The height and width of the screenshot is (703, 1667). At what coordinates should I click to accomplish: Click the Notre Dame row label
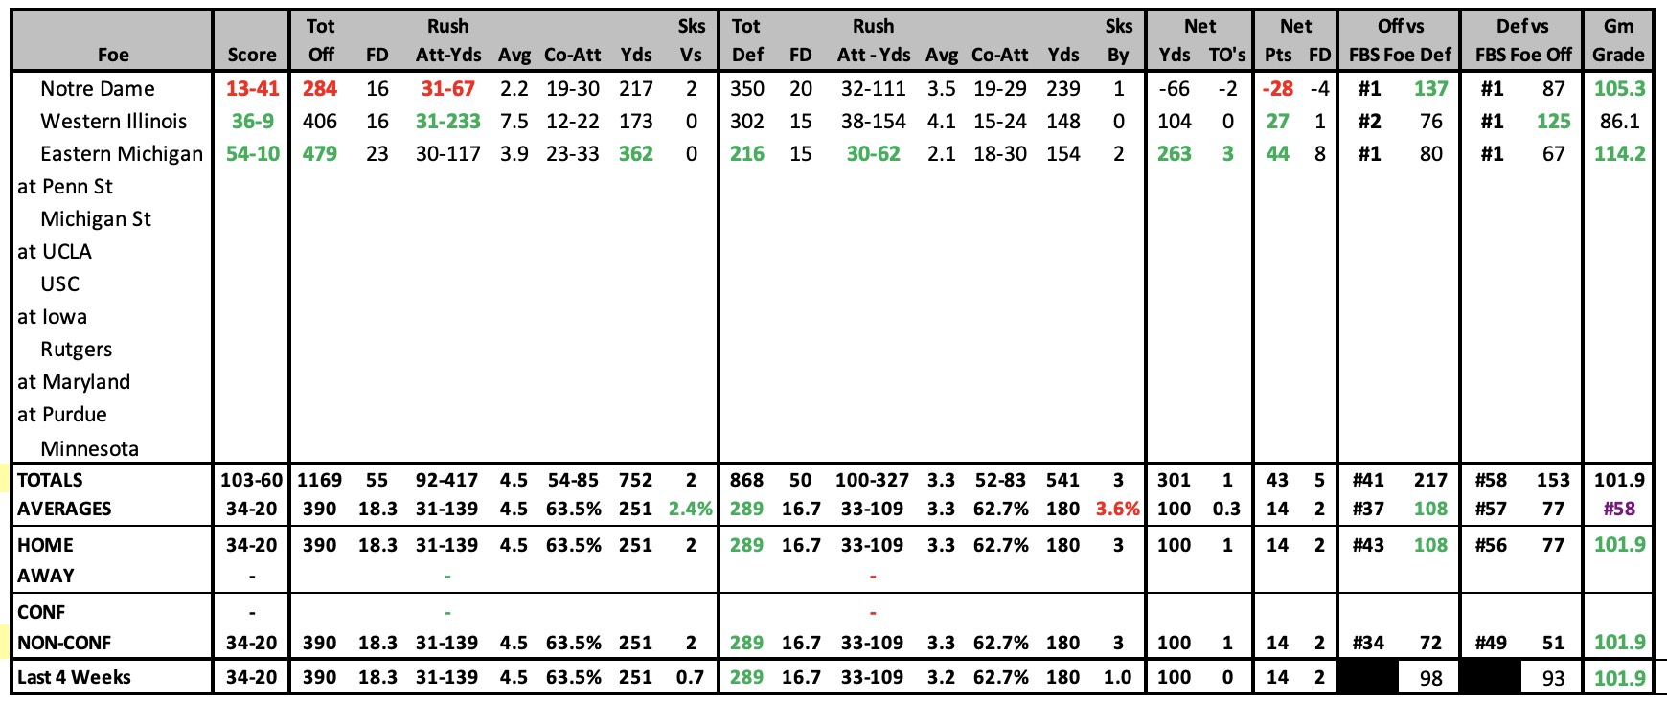98,89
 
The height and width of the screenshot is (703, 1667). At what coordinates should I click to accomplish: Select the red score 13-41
252,89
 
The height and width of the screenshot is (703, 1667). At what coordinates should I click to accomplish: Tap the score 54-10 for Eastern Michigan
252,154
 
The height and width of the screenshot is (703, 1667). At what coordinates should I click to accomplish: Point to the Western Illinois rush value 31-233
447,122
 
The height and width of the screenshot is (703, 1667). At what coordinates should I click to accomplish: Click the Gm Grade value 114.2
1619,154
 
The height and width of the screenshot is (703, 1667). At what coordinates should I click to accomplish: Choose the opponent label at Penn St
65,187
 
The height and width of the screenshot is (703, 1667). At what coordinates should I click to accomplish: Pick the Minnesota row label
89,449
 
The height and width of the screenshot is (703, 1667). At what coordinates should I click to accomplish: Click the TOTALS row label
50,481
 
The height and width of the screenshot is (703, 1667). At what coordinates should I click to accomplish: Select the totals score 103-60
252,481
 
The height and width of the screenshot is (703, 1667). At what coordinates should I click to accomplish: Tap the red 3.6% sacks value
1118,510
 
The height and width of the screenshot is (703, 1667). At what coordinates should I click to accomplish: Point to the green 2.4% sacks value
691,510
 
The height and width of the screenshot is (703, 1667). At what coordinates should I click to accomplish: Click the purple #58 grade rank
1619,510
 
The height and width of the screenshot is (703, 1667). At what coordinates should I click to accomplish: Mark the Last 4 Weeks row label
74,678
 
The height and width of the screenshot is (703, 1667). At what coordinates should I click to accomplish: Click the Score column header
252,56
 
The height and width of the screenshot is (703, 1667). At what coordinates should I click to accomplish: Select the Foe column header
113,56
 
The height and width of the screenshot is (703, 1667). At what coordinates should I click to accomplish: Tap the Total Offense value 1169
320,481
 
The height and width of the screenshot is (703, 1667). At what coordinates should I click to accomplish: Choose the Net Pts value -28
1278,89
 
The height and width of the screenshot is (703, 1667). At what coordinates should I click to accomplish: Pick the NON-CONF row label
64,644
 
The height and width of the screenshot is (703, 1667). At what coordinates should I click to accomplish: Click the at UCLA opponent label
55,252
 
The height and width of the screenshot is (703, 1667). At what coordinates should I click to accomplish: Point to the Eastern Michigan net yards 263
1174,154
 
